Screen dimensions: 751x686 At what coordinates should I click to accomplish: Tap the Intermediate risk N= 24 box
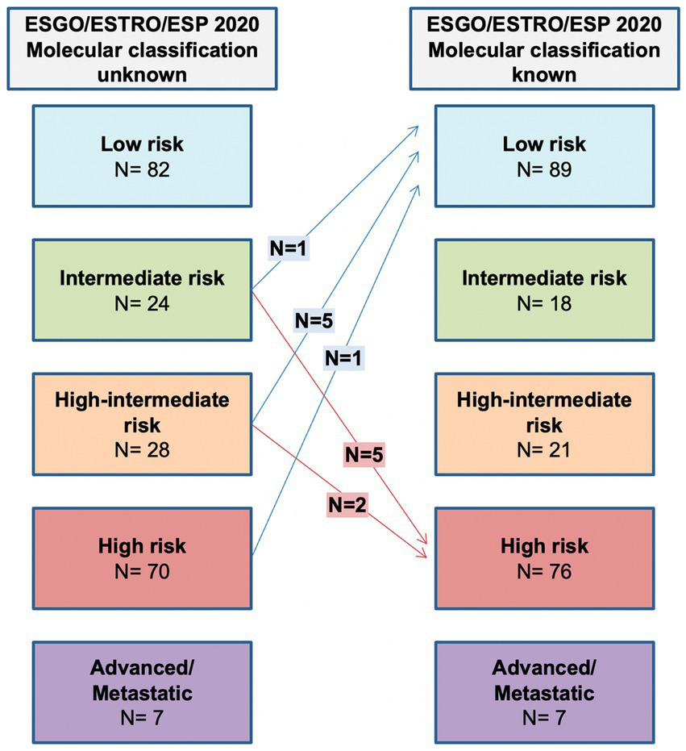pos(142,290)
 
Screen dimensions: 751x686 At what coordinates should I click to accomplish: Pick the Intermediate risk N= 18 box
pos(545,290)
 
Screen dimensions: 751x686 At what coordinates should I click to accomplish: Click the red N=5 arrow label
pos(364,454)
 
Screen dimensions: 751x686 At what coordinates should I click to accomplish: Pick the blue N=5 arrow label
pos(314,320)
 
